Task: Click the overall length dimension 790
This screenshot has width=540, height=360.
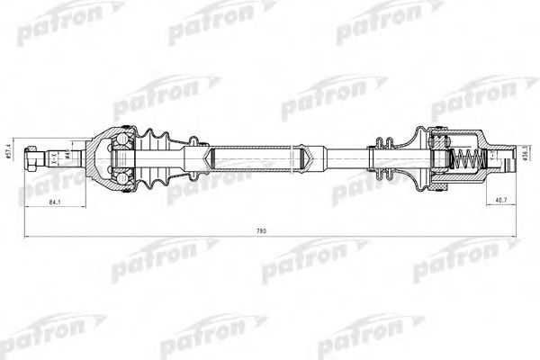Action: pyautogui.click(x=263, y=231)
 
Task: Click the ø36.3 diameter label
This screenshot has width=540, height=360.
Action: pyautogui.click(x=523, y=156)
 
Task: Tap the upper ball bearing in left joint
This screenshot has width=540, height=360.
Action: pyautogui.click(x=122, y=140)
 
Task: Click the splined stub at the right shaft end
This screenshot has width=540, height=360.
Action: pyautogui.click(x=500, y=159)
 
